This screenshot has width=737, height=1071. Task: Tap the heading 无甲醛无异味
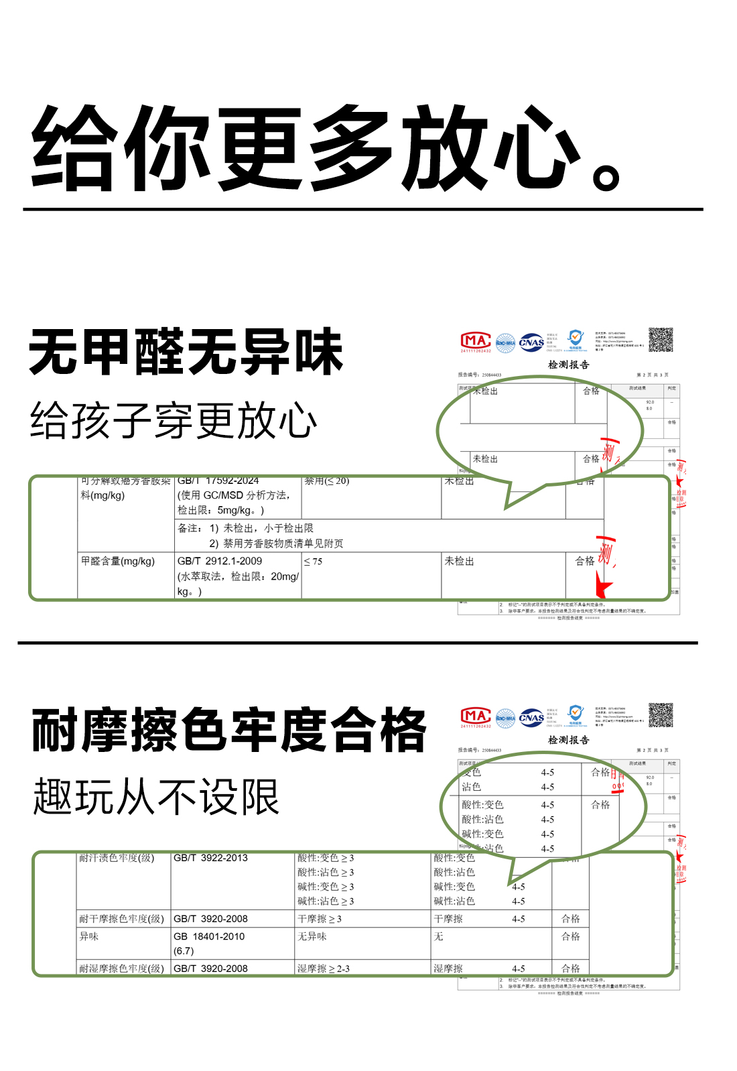186,352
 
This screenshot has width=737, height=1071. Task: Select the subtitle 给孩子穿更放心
174,421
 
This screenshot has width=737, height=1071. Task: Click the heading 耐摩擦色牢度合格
228,730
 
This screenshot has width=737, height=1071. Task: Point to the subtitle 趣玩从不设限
156,797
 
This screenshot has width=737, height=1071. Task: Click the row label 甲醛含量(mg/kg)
118,562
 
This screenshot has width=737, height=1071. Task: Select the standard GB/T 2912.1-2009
220,562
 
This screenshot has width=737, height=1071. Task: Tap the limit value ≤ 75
313,562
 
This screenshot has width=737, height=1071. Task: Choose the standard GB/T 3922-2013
210,858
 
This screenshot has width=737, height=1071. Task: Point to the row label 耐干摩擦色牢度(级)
121,919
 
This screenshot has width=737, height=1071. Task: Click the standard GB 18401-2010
209,936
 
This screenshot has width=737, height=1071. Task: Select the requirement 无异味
312,936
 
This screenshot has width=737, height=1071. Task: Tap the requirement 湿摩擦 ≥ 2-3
324,968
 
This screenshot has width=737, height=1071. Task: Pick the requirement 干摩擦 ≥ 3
320,919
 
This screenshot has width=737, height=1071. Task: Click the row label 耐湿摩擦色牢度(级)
121,968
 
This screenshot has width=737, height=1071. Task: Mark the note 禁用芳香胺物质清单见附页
283,544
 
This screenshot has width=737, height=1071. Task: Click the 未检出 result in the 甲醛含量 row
459,562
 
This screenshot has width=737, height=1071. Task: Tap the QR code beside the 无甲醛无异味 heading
661,340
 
